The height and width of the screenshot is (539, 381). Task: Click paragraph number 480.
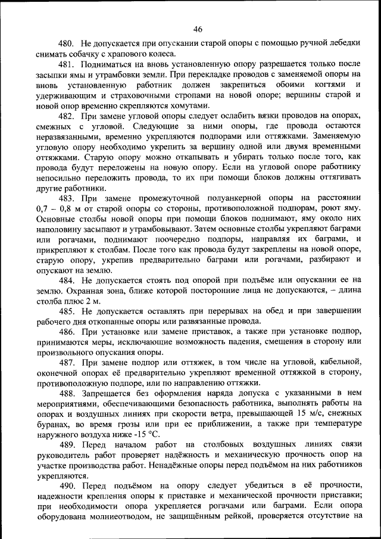65,44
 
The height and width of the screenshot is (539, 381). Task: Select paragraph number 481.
65,64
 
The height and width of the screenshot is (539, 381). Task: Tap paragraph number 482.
66,116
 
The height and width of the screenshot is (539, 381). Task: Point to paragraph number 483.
66,198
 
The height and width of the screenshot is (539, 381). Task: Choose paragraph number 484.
65,279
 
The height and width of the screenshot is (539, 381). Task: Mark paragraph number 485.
65,310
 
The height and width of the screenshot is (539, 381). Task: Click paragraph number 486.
66,331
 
